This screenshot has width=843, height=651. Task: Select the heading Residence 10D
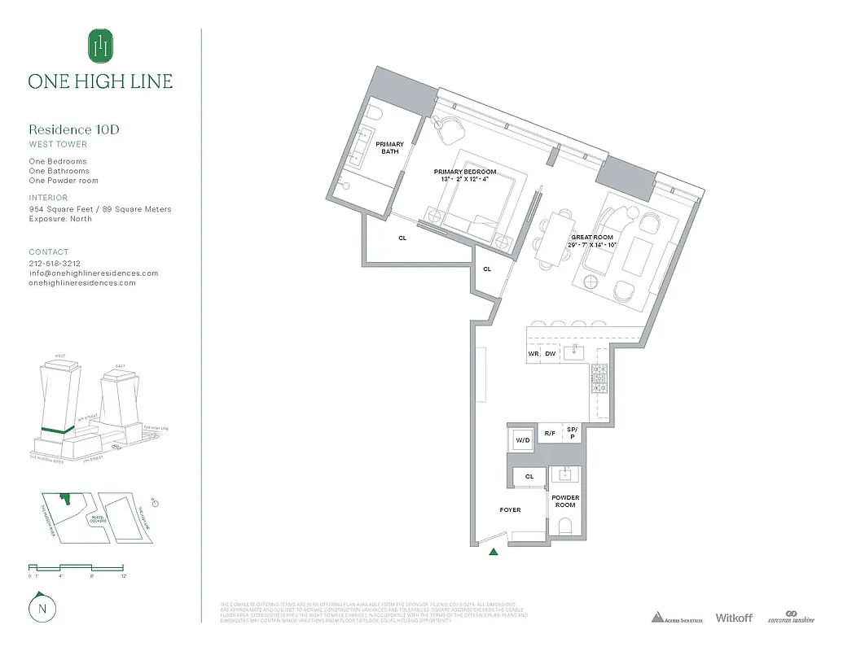[x=75, y=129]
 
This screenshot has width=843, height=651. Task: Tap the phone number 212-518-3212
[x=55, y=264]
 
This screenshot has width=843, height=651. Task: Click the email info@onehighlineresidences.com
[x=93, y=273]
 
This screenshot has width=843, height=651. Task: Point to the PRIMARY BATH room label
[x=389, y=147]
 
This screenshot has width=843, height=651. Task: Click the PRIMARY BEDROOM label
[x=464, y=173]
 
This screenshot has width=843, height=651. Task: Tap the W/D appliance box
[x=522, y=440]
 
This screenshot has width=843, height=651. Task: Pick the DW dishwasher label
[x=550, y=354]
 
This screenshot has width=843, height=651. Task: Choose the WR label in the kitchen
[x=533, y=354]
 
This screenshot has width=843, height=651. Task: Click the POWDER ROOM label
[x=565, y=501]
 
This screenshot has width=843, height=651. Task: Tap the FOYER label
[x=510, y=510]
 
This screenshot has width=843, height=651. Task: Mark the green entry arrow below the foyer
[x=493, y=553]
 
